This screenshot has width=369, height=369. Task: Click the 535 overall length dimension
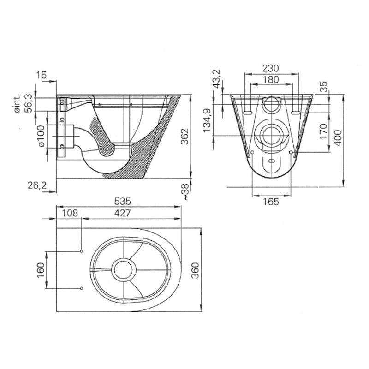[122, 202]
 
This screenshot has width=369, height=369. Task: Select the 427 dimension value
[122, 213]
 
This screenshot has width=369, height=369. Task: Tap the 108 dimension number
[70, 213]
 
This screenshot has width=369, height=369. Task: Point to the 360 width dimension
[195, 270]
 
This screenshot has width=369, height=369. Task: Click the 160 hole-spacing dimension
[41, 270]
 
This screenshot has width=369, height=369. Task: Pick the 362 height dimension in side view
[185, 136]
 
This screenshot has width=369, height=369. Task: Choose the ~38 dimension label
[186, 192]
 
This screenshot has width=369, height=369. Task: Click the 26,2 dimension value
[37, 186]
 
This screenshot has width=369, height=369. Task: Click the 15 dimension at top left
[42, 75]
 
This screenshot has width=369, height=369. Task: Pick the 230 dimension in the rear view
[271, 68]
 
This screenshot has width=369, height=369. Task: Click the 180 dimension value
[271, 79]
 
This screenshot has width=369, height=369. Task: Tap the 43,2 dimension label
[216, 79]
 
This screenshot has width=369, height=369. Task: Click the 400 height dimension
[338, 138]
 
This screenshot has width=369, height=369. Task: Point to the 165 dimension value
[271, 202]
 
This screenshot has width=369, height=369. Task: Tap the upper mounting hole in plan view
[82, 251]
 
